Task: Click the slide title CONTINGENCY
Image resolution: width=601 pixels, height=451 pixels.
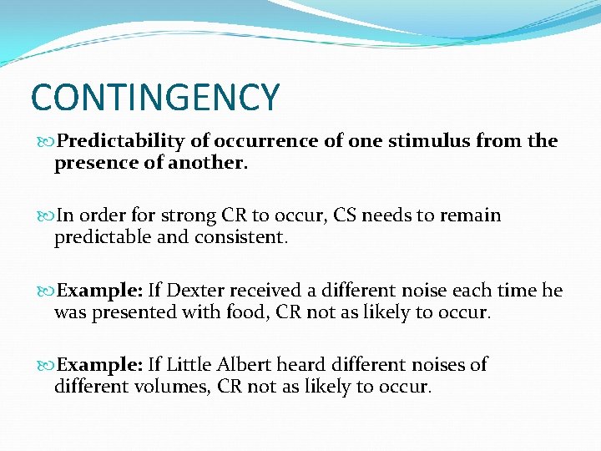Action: (x=154, y=97)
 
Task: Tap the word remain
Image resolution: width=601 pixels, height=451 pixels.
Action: (x=469, y=215)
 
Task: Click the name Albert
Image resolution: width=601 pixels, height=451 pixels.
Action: (x=243, y=364)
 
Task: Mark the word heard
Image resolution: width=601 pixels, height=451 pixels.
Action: (x=301, y=364)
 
